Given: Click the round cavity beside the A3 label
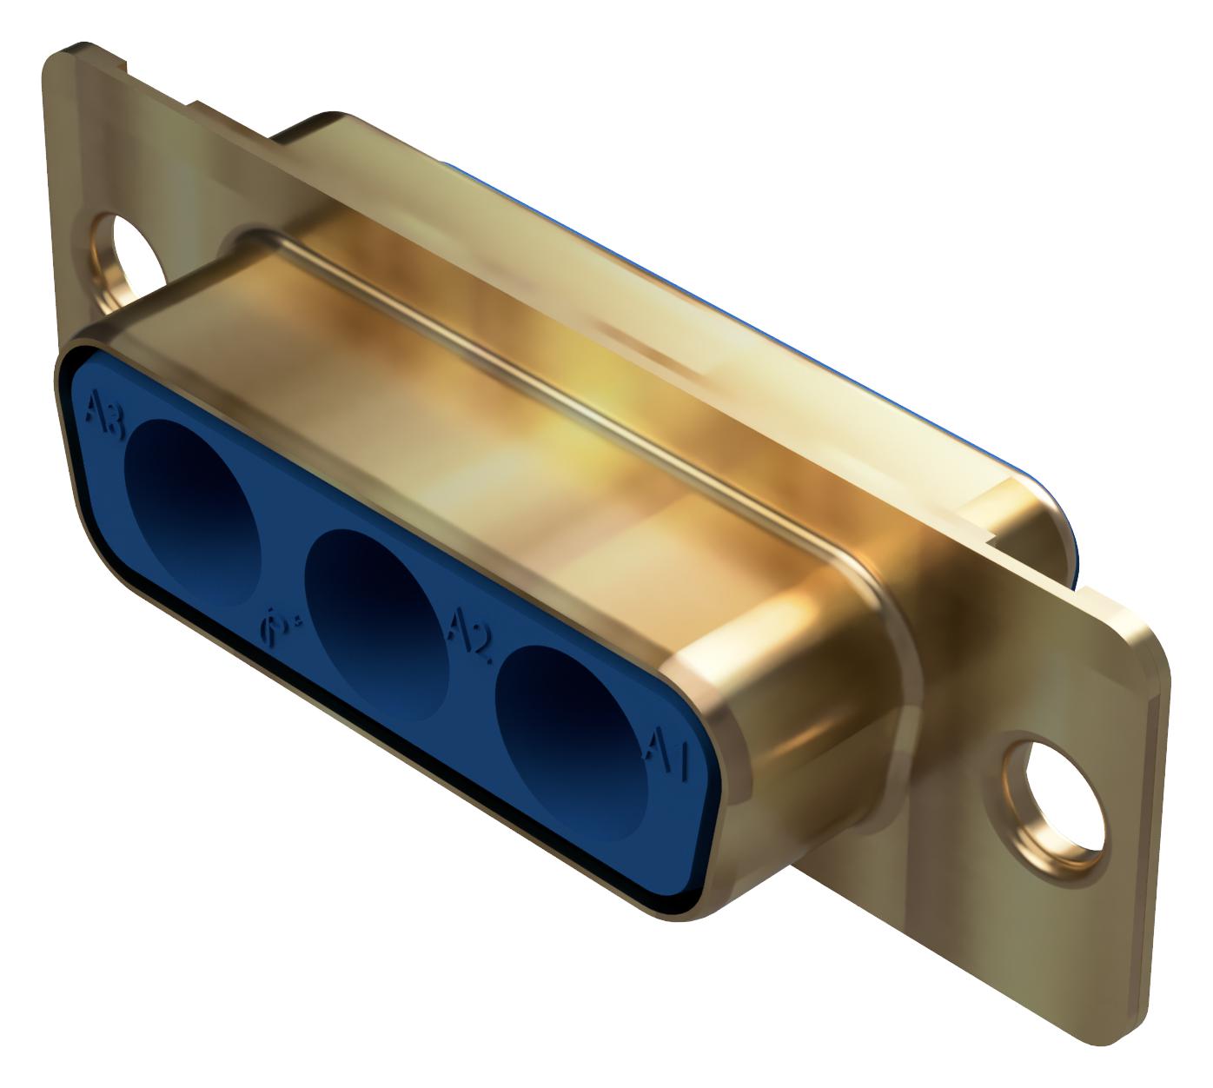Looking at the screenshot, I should [x=194, y=514].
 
